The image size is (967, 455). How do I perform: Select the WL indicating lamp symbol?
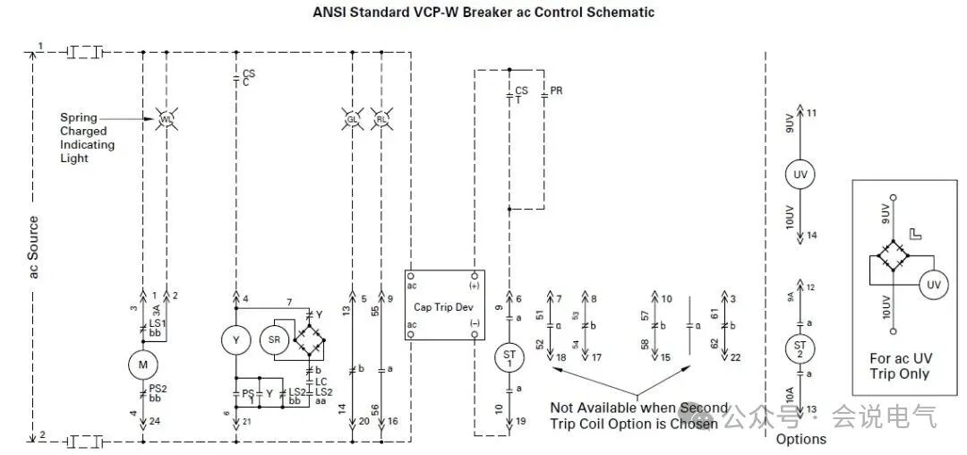(166, 119)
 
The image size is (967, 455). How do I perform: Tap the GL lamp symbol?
(352, 119)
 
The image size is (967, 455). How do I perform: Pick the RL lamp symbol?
(381, 119)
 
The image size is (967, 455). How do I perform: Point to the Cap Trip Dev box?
(444, 305)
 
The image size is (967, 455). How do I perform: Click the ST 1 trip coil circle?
(509, 358)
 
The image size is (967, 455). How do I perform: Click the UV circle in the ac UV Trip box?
(934, 285)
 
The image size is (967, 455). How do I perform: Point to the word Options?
(800, 439)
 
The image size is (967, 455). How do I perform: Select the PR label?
(556, 91)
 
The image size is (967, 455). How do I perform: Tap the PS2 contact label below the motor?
(158, 392)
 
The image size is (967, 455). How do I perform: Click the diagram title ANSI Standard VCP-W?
(483, 13)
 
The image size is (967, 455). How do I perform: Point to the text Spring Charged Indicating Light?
(88, 138)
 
